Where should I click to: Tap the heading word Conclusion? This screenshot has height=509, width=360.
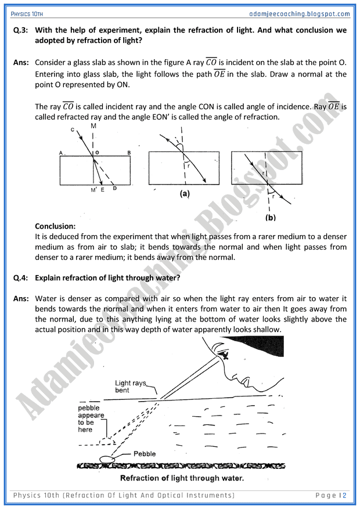[x=55, y=226]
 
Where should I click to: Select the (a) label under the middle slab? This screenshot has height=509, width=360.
[x=185, y=195]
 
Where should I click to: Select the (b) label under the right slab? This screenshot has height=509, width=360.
[x=270, y=218]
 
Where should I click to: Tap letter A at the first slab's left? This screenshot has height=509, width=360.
[x=62, y=153]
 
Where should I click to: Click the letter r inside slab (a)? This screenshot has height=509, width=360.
[x=188, y=165]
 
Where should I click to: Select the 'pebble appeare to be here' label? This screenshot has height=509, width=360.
[x=91, y=418]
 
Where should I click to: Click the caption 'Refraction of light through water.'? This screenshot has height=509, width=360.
[x=182, y=479]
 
